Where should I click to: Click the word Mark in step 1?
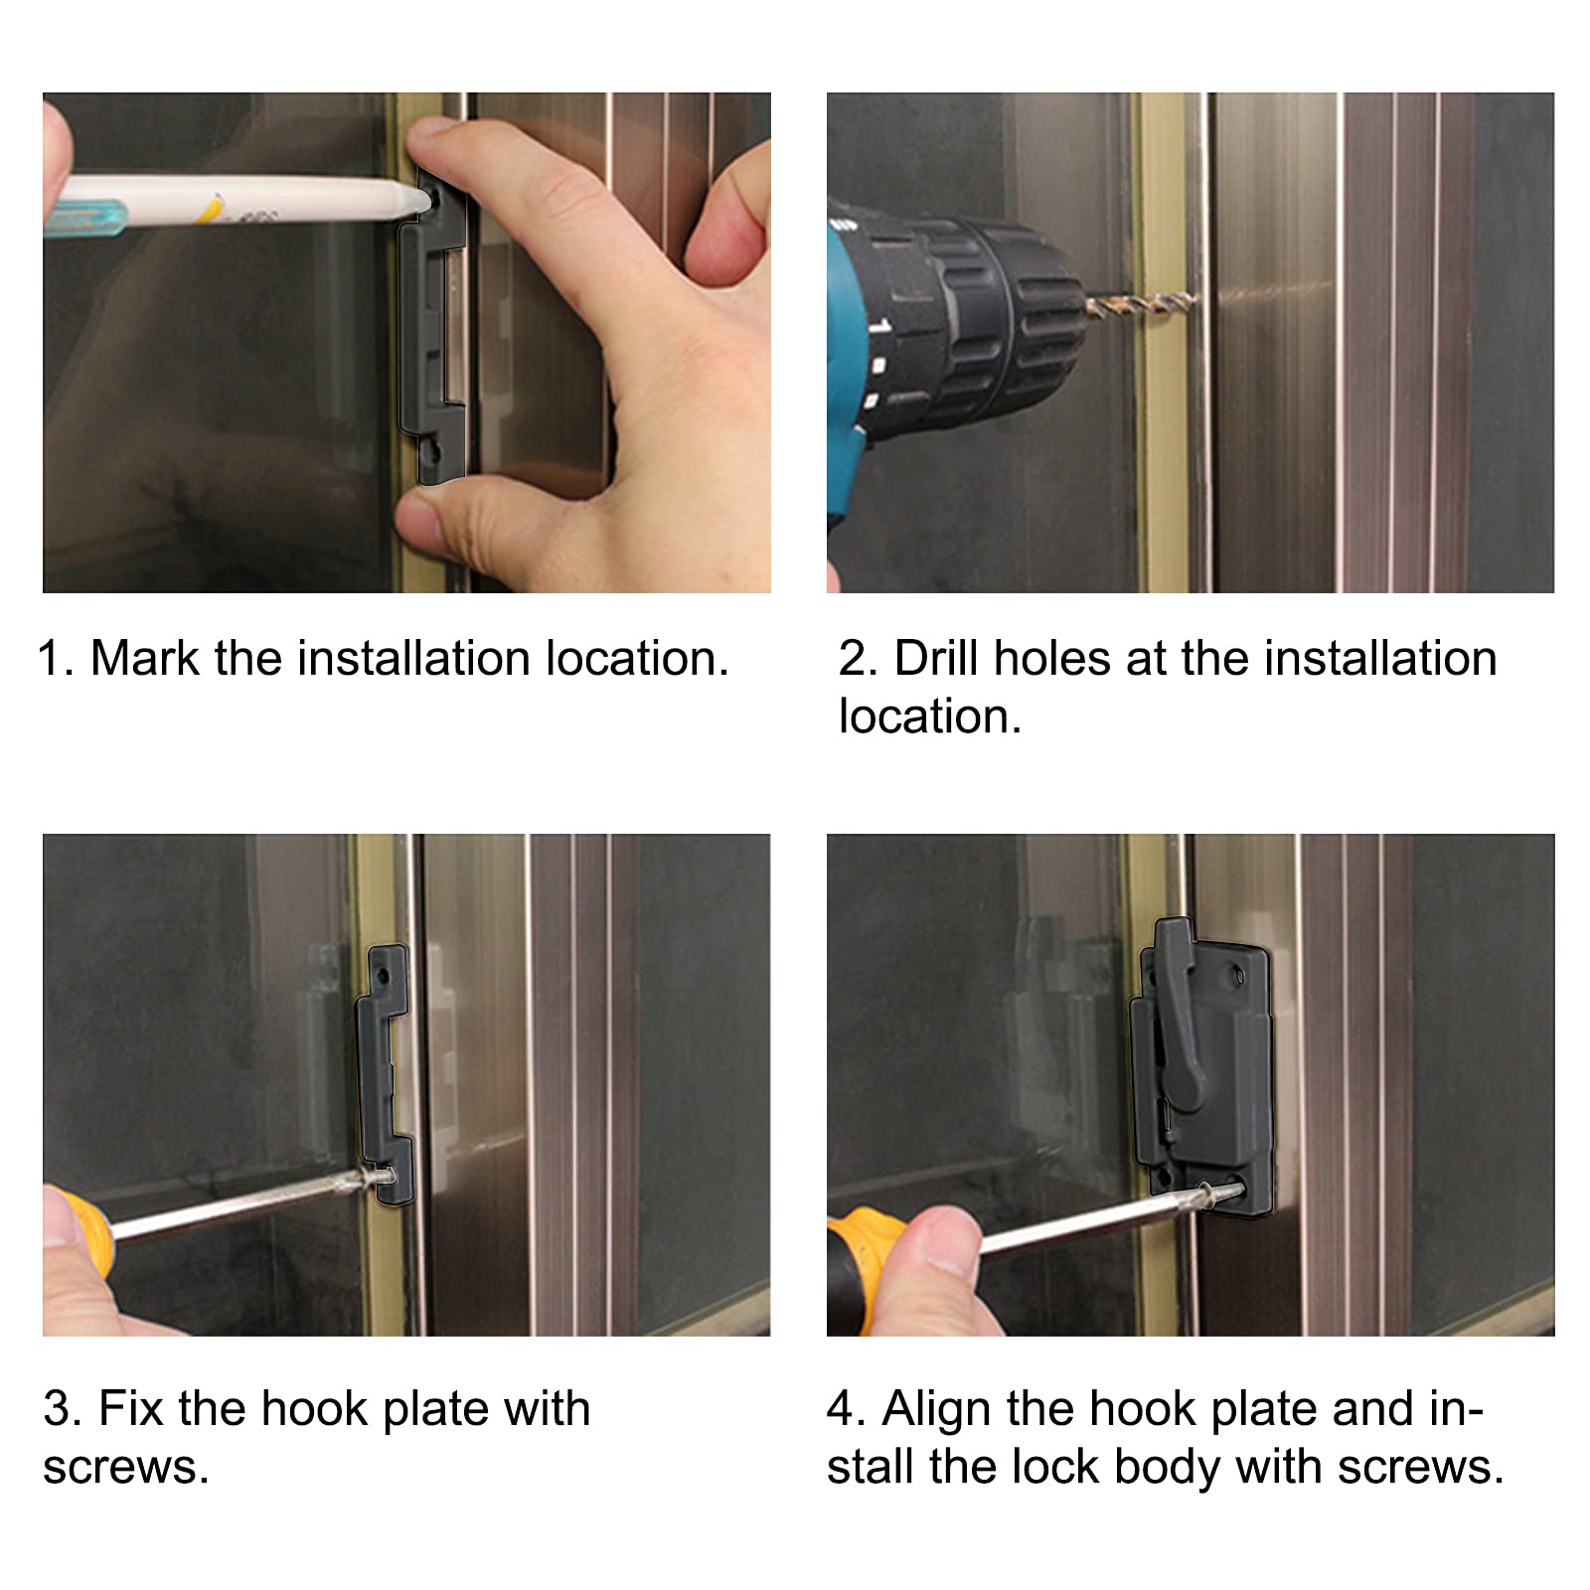[145, 658]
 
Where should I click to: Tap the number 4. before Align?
[847, 1409]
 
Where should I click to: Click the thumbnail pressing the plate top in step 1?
[435, 138]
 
